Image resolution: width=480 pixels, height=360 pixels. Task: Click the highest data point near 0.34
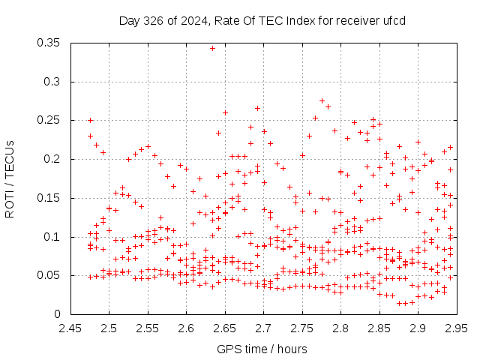(212, 48)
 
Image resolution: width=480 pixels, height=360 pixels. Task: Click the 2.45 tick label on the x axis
(70, 328)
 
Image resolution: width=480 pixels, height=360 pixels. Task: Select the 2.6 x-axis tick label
(187, 328)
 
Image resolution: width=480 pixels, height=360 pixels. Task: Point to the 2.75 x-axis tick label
(302, 328)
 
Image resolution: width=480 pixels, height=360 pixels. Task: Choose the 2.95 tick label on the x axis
(457, 328)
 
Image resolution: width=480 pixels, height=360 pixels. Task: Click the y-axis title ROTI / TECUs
(10, 179)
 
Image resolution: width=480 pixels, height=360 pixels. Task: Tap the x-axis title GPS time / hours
(262, 349)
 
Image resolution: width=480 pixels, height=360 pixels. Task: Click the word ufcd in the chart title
(394, 21)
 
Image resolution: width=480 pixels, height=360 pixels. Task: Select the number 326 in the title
(153, 21)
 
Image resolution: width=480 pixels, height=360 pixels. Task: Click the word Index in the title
(301, 21)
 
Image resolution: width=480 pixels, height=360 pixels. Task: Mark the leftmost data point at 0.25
(90, 120)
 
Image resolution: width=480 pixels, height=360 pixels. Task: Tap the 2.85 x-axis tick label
(379, 328)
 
